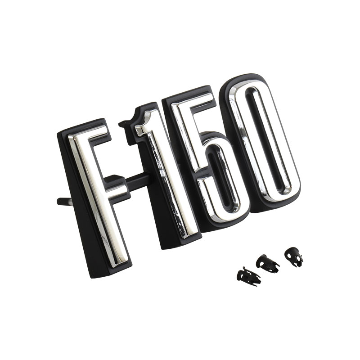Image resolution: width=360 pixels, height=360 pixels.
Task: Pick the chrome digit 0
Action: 264,142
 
